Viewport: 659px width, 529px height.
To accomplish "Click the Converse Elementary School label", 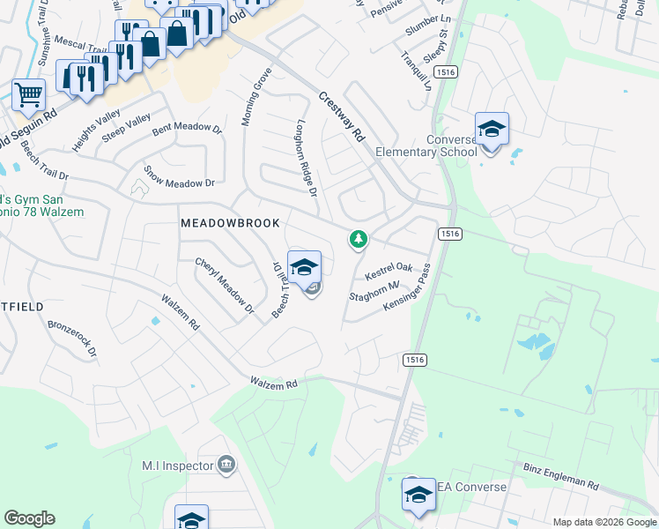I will point(426,145).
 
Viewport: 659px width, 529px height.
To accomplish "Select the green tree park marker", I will point(359,238).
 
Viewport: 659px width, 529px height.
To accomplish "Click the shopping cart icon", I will point(29,93).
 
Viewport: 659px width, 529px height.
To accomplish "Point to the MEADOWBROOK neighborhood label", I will point(230,224).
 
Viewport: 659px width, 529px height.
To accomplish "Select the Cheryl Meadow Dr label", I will point(225,286).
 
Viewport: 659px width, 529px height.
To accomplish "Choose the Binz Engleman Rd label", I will point(560,475).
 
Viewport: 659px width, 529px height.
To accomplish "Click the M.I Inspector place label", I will point(179,466).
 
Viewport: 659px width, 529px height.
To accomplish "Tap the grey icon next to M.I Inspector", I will point(226,465).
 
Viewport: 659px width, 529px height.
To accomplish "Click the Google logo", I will point(29,518).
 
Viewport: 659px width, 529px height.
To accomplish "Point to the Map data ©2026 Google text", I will point(603,522).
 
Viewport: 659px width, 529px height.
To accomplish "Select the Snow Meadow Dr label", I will point(179,177).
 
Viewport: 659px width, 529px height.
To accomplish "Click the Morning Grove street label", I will point(256,96).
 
